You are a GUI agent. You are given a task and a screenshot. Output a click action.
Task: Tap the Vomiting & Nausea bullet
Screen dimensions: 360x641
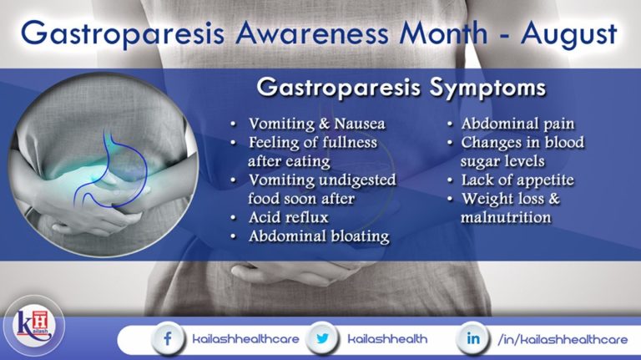coord(313,124)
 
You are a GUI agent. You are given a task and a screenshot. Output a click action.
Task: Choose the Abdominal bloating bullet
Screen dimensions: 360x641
coord(319,236)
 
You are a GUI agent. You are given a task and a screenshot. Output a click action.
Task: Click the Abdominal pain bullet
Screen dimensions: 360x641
coord(517,124)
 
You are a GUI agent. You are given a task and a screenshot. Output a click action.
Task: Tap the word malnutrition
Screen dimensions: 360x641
coord(506,217)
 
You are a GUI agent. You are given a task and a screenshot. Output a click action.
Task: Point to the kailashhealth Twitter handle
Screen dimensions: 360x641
coord(386,339)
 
